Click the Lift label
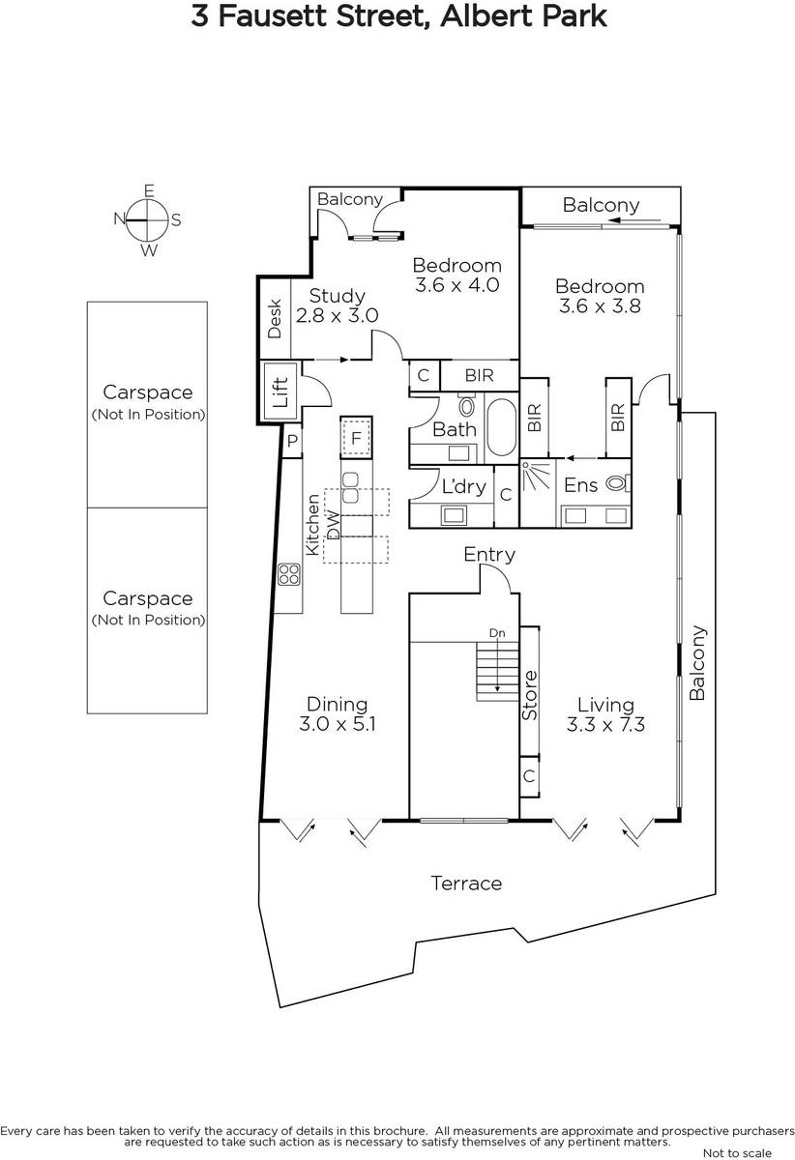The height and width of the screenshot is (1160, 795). coord(280,392)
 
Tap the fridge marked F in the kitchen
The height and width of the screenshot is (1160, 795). coord(356,438)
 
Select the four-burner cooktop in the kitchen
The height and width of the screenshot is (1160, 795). coord(289,574)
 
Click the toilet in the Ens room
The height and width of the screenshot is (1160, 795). coord(618,483)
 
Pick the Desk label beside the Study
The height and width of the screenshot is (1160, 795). coord(274,318)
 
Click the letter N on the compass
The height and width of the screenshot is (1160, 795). coord(120,219)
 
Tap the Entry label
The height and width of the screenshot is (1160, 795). coord(489,555)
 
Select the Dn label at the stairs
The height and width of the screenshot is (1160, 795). coord(497,633)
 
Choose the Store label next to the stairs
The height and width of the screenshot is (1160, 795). coord(530,695)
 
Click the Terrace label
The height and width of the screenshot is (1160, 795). coord(466,883)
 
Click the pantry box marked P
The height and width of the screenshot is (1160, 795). coord(292,441)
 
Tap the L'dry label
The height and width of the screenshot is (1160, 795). coord(463,486)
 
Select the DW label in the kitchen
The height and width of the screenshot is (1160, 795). coord(334,525)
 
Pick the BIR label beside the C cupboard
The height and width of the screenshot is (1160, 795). coord(480,375)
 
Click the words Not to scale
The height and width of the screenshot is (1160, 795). coord(737,1152)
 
